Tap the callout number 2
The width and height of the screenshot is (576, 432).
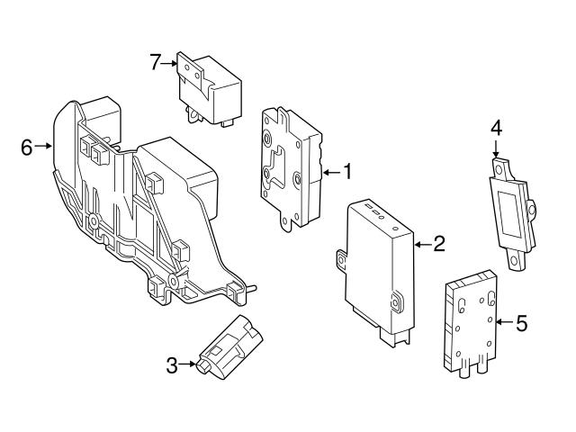(439, 243)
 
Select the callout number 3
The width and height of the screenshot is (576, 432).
(172, 364)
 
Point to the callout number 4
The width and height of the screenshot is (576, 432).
(495, 129)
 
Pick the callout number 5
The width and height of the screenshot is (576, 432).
(521, 321)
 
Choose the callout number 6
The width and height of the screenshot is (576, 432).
(27, 146)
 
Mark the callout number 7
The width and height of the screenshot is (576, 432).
(156, 62)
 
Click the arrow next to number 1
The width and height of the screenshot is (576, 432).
(331, 171)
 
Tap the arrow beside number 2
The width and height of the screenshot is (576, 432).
(423, 243)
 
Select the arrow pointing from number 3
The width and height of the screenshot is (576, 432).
(186, 364)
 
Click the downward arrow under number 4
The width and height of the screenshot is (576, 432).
(495, 150)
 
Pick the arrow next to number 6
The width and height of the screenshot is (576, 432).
(44, 146)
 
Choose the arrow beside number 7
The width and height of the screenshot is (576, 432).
(171, 62)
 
